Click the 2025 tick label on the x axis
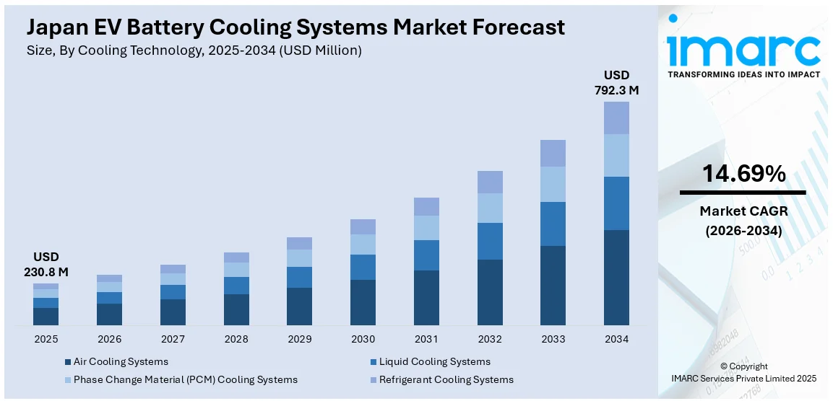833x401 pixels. [46, 339]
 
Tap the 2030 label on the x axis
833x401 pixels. [363, 339]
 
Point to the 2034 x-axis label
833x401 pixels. [616, 339]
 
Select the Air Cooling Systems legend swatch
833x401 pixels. [67, 362]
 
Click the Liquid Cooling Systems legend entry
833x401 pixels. [434, 362]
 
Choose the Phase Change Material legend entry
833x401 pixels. [185, 379]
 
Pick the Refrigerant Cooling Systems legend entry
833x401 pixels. [446, 379]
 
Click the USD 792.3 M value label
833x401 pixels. [616, 83]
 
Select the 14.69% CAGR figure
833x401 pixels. [743, 174]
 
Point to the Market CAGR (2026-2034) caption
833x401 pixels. [743, 221]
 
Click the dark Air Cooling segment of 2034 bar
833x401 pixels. [616, 278]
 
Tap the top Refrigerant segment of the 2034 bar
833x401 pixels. [616, 118]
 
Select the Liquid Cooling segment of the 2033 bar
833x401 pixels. [553, 224]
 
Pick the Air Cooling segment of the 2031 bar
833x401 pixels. [426, 297]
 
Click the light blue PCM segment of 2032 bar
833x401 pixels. [490, 208]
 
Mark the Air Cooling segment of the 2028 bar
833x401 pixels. [236, 309]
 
